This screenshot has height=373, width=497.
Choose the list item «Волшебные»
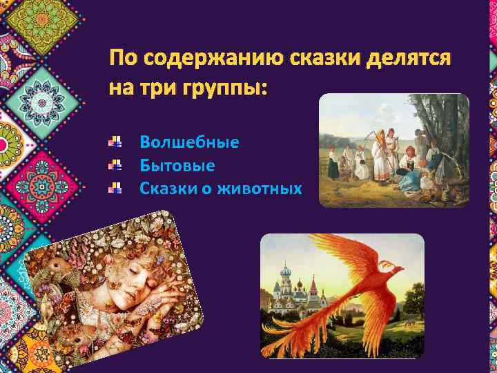[x=189, y=143]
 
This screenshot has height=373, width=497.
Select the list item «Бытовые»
[x=177, y=166]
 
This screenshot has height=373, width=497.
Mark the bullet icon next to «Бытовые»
[x=115, y=166]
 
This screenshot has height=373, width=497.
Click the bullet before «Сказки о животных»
[x=115, y=188]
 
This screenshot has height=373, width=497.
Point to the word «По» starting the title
[x=125, y=60]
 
